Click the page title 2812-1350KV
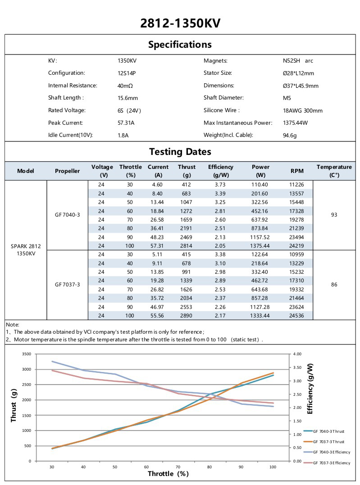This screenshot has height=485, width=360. click(180, 23)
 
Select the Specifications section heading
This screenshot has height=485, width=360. click(180, 45)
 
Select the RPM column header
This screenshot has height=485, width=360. click(297, 171)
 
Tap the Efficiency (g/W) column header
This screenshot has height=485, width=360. click(221, 171)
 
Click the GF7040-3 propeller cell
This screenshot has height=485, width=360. click(67, 215)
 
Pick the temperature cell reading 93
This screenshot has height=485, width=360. click(334, 215)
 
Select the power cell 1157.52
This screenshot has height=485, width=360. click(261, 237)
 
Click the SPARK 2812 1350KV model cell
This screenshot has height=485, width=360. click(26, 249)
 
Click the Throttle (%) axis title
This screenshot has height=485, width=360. click(168, 474)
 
